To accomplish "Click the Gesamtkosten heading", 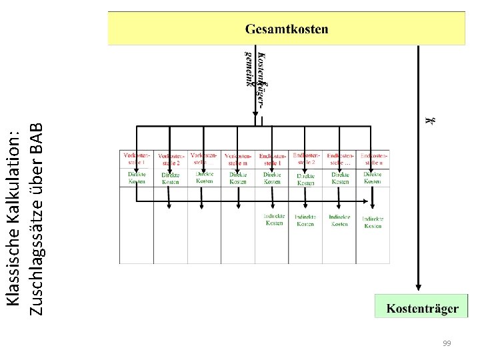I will [x=287, y=29].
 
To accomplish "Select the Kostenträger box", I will [x=422, y=308].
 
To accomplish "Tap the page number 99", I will [x=447, y=343].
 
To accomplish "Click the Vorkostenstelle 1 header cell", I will [x=136, y=159].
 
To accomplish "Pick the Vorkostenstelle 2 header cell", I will [x=170, y=159].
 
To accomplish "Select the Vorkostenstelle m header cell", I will [x=238, y=159].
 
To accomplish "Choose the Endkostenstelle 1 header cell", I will [x=272, y=159].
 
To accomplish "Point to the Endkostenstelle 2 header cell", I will [x=306, y=159].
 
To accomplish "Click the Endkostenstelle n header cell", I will [x=373, y=159].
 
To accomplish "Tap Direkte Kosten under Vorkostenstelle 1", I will [x=136, y=177].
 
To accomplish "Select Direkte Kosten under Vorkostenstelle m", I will [x=238, y=178].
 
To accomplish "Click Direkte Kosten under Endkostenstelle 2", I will [x=306, y=179].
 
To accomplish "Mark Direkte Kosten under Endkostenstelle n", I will [x=373, y=177].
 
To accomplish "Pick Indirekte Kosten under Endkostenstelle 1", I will [x=274, y=219].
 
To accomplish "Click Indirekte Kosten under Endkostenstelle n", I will [x=373, y=222].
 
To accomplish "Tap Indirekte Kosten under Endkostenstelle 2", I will [x=306, y=220].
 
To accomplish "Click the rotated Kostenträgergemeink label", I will [x=255, y=70].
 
